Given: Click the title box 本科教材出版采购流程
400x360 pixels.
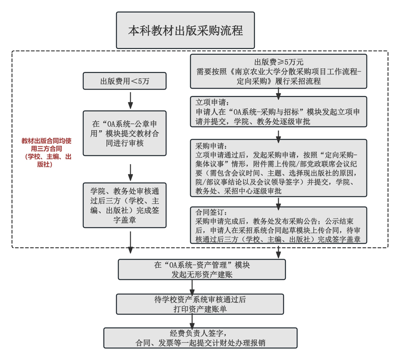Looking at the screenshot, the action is pyautogui.click(x=185, y=30).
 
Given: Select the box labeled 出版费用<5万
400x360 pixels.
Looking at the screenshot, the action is pyautogui.click(x=124, y=81).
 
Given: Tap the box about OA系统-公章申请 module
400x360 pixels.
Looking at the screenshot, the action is pyautogui.click(x=124, y=133).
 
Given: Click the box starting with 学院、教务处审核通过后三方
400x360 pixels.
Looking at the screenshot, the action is pyautogui.click(x=124, y=205).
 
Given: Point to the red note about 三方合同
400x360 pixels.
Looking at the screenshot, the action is pyautogui.click(x=46, y=152).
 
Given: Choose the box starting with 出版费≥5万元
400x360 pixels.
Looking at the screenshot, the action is pyautogui.click(x=278, y=71).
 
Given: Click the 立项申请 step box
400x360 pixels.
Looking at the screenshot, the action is pyautogui.click(x=278, y=111).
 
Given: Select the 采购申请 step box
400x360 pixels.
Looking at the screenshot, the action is pyautogui.click(x=278, y=168).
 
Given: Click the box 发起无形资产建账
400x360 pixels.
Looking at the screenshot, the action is pyautogui.click(x=202, y=270).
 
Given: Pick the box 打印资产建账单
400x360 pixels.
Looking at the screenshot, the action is pyautogui.click(x=200, y=304).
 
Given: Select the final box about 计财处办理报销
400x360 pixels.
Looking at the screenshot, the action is pyautogui.click(x=200, y=338).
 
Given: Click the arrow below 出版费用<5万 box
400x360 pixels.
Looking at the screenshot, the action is pyautogui.click(x=130, y=101).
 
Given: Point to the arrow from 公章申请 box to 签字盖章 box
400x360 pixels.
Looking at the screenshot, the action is pyautogui.click(x=130, y=173).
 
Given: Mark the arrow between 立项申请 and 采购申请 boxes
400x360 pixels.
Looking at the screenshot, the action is pyautogui.click(x=278, y=137).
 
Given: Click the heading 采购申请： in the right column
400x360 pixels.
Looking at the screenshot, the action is pyautogui.click(x=211, y=146).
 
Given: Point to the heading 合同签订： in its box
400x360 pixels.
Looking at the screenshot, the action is pyautogui.click(x=211, y=212).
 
